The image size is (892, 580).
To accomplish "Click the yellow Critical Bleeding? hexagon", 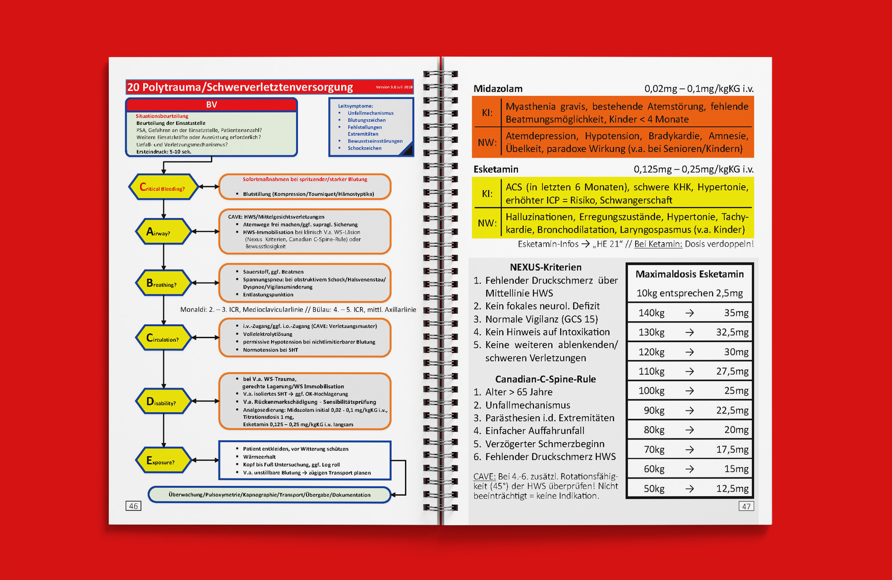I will coord(163,187).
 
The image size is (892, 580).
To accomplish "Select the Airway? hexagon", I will coord(163,232).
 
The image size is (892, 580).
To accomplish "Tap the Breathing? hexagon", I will coord(163,283).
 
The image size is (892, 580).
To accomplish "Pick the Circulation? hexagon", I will coord(163,338).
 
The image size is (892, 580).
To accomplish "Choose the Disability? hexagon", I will coord(163,402).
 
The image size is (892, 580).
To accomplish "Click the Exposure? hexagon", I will coord(163,460).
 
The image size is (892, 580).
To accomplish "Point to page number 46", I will coord(133,506).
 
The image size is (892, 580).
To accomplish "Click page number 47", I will coord(746,506).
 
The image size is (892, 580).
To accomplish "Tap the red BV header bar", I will coord(211,105).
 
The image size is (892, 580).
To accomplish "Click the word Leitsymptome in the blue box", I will coord(355,106).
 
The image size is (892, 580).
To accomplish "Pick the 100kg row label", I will coord(651,391).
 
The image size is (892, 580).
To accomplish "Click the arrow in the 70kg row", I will coord(690,450).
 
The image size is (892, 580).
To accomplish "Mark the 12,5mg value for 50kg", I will coord(732,489).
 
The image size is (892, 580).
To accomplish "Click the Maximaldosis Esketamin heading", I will coord(690,274).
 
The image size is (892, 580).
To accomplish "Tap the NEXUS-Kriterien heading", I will coord(545,267).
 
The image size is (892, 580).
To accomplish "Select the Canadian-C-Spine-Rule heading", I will coord(545,379).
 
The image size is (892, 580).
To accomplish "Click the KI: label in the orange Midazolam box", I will coord(487,113).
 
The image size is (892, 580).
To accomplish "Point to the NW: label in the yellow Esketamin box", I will coord(487,223).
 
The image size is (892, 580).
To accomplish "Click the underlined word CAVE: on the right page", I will coord(484,476).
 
